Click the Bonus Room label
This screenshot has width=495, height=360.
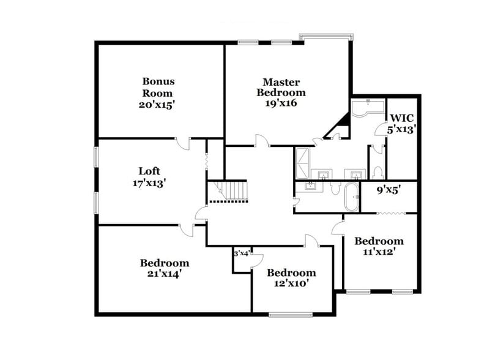[158, 92]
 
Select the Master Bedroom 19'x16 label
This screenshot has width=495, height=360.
[281, 92]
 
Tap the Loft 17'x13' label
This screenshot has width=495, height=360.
[149, 176]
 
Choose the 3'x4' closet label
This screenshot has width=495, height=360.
[241, 253]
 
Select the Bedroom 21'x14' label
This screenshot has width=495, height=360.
[164, 268]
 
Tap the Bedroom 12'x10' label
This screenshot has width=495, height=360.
[291, 278]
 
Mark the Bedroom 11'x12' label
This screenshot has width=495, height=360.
[379, 246]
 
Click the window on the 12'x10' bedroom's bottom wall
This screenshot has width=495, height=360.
[291, 315]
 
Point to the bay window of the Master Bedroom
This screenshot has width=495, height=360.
[325, 37]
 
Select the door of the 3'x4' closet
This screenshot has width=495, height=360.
[257, 260]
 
